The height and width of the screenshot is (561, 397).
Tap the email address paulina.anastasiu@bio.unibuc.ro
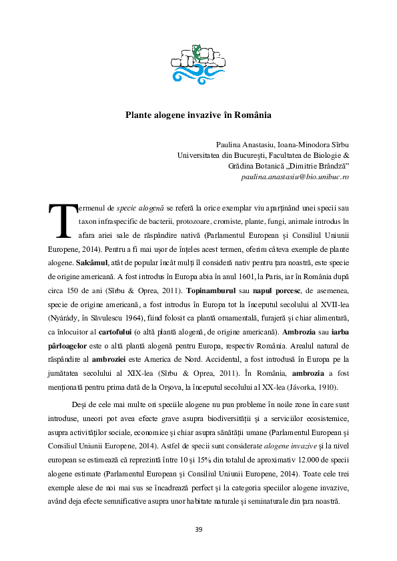click(x=295, y=177)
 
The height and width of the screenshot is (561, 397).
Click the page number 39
click(x=198, y=530)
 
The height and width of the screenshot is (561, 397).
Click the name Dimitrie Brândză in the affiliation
click(x=314, y=166)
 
